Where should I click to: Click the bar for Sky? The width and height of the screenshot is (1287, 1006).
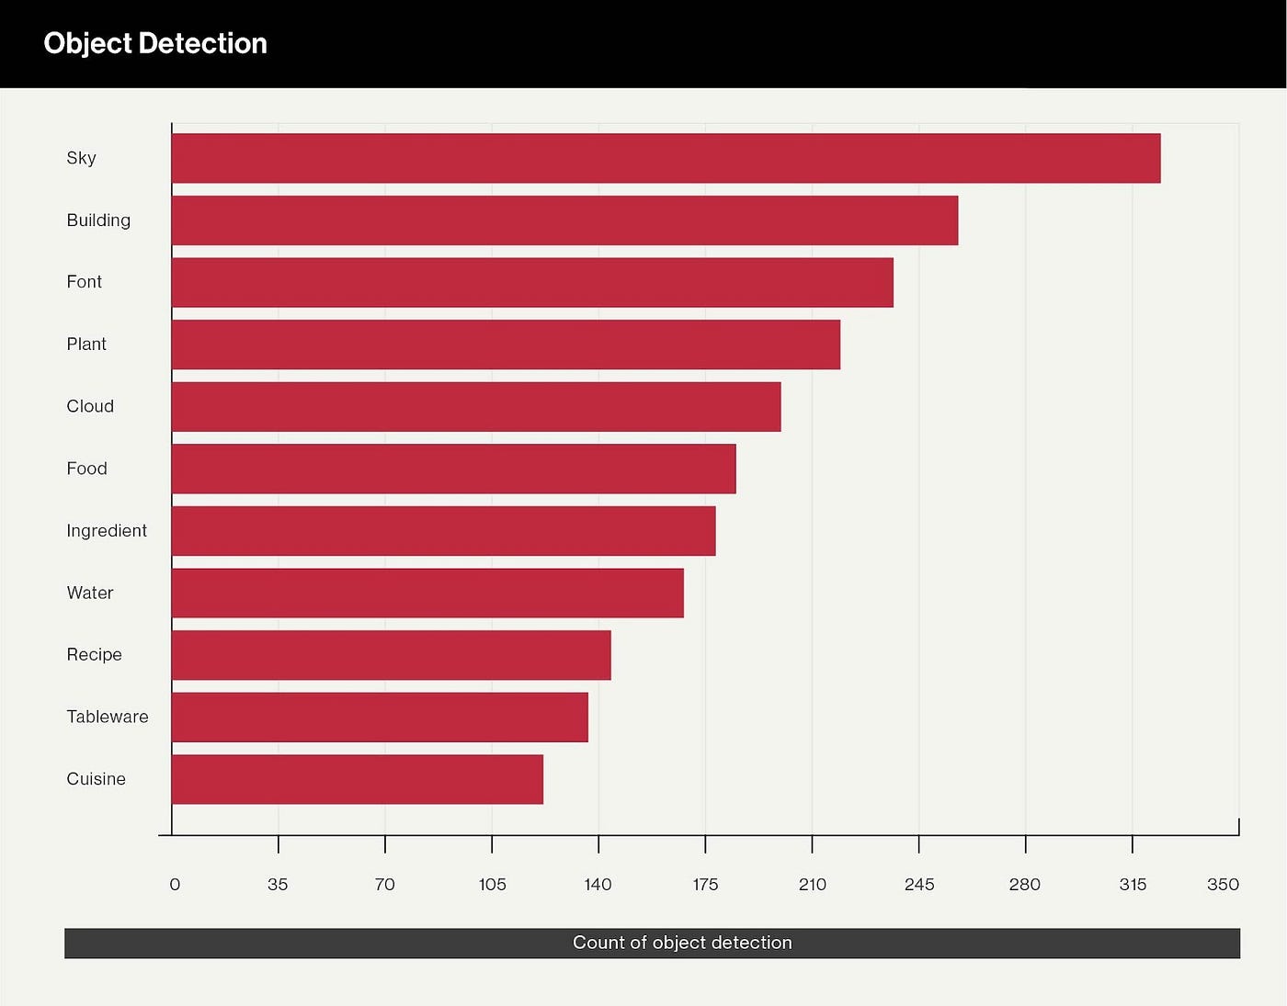[x=666, y=158]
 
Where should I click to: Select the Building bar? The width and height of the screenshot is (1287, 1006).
[x=564, y=220]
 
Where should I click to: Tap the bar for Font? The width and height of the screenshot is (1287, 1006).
[x=532, y=282]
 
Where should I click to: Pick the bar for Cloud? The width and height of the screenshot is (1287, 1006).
[x=476, y=407]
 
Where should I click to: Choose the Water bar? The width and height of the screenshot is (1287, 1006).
[x=427, y=593]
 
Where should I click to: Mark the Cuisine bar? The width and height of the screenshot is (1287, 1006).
[x=358, y=780]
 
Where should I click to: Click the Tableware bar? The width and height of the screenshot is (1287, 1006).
[x=380, y=718]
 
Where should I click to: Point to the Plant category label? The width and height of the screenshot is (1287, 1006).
[x=86, y=345]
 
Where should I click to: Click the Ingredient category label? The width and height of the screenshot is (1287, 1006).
[x=107, y=531]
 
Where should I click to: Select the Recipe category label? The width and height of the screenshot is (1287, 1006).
[x=94, y=655]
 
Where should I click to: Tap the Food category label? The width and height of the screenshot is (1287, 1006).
[x=86, y=469]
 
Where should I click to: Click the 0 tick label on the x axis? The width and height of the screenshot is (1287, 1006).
[x=175, y=885]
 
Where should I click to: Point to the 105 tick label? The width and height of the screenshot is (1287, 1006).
[x=492, y=885]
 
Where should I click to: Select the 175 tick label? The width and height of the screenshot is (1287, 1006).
[x=705, y=885]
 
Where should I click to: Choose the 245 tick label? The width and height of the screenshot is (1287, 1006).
[x=918, y=885]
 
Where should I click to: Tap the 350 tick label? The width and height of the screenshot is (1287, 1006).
[x=1223, y=885]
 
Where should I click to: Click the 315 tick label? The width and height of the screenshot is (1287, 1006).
[x=1133, y=885]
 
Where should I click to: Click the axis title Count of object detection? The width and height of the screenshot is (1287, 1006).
[x=682, y=943]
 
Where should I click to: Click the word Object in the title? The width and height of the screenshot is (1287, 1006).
[x=87, y=43]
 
